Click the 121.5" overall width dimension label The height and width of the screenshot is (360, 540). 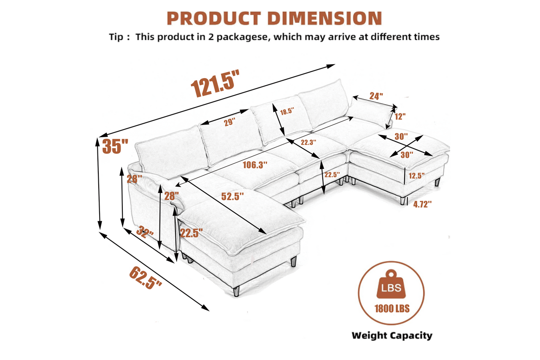pyautogui.click(x=215, y=83)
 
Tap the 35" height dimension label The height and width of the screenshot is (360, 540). pyautogui.click(x=115, y=146)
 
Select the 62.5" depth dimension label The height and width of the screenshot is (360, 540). pyautogui.click(x=146, y=277)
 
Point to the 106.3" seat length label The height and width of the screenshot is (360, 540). pyautogui.click(x=255, y=165)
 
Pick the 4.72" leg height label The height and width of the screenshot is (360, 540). pyautogui.click(x=422, y=204)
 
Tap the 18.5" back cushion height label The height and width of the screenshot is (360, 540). pyautogui.click(x=287, y=111)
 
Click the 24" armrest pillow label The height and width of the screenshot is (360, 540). pyautogui.click(x=376, y=96)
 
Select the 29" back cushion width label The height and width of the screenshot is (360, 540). pyautogui.click(x=229, y=122)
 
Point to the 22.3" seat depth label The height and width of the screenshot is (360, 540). pyautogui.click(x=308, y=142)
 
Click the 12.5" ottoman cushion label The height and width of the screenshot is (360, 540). pyautogui.click(x=416, y=176)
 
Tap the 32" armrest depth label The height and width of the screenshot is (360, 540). pyautogui.click(x=145, y=232)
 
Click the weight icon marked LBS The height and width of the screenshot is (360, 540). pyautogui.click(x=391, y=284)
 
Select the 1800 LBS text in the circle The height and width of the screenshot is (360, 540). pyautogui.click(x=392, y=309)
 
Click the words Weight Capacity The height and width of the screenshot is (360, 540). pyautogui.click(x=392, y=336)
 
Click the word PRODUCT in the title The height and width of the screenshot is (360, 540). pyautogui.click(x=214, y=18)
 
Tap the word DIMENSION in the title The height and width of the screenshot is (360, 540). pyautogui.click(x=325, y=18)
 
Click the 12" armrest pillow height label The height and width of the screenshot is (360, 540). pyautogui.click(x=400, y=116)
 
